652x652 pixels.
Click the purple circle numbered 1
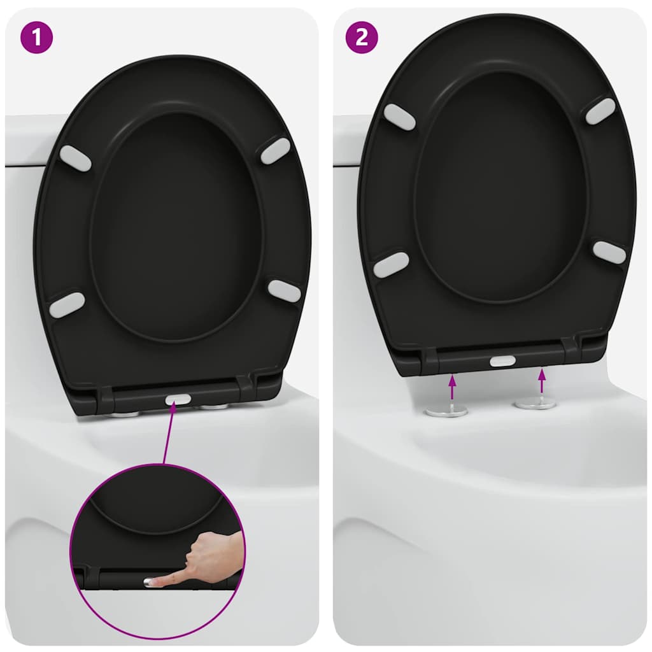pyautogui.click(x=37, y=38)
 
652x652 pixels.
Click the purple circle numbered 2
pyautogui.click(x=362, y=38)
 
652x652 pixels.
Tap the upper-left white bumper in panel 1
pyautogui.click(x=75, y=158)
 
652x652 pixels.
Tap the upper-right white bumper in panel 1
pyautogui.click(x=275, y=151)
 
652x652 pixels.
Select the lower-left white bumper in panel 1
pyautogui.click(x=67, y=305)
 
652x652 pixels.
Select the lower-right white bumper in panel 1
pyautogui.click(x=284, y=290)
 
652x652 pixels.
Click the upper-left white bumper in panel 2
pyautogui.click(x=399, y=117)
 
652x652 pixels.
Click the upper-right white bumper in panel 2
pyautogui.click(x=600, y=111)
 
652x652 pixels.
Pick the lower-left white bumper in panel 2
pyautogui.click(x=391, y=265)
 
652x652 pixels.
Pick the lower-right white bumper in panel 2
pyautogui.click(x=609, y=252)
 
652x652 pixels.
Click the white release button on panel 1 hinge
pyautogui.click(x=178, y=400)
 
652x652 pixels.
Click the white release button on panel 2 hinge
pyautogui.click(x=502, y=360)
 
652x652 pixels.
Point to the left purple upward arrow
pyautogui.click(x=452, y=387)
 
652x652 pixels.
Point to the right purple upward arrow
pyautogui.click(x=542, y=381)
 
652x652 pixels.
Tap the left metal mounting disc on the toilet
pyautogui.click(x=446, y=411)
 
